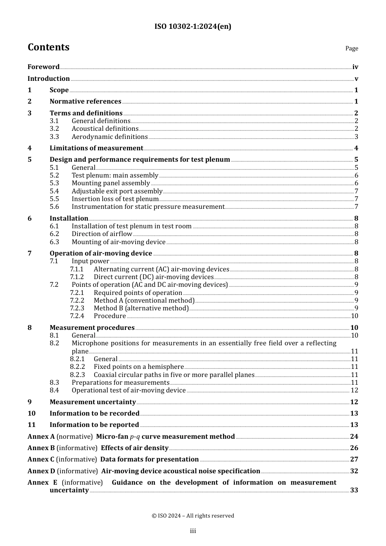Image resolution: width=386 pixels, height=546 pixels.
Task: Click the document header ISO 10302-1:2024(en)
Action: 193,27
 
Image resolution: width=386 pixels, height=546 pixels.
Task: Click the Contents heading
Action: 48,47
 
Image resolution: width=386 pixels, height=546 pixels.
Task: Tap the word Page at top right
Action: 351,48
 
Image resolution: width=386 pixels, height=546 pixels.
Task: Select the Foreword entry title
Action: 43,67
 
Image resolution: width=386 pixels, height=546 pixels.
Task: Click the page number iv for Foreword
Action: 355,67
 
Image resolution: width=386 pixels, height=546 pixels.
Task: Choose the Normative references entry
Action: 85,102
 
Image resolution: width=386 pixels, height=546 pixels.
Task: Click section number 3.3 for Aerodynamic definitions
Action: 54,137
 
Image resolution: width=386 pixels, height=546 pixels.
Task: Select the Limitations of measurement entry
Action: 96,148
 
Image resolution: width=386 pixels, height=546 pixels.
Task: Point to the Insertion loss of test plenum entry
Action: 115,199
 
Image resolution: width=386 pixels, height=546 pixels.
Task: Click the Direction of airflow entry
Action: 102,234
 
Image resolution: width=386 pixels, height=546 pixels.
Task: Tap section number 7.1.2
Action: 77,277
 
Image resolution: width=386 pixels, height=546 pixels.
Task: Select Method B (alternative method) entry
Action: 141,308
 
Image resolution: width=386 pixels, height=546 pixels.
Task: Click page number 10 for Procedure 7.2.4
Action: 354,316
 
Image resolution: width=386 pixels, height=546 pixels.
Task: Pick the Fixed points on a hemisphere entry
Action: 139,367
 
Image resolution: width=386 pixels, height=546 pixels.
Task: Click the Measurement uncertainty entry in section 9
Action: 93,402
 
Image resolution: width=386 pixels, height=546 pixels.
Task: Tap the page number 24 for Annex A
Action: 354,437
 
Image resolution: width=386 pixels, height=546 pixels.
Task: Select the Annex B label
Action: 41,448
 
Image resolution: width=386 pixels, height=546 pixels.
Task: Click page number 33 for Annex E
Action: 354,490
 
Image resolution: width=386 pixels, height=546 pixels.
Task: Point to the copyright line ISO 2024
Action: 193,516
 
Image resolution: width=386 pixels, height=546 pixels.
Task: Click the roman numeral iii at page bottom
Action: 193,531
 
